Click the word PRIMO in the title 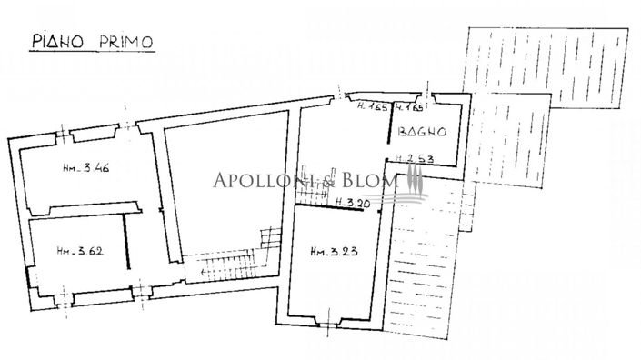pos(125,41)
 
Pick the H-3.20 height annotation pos(351,202)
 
